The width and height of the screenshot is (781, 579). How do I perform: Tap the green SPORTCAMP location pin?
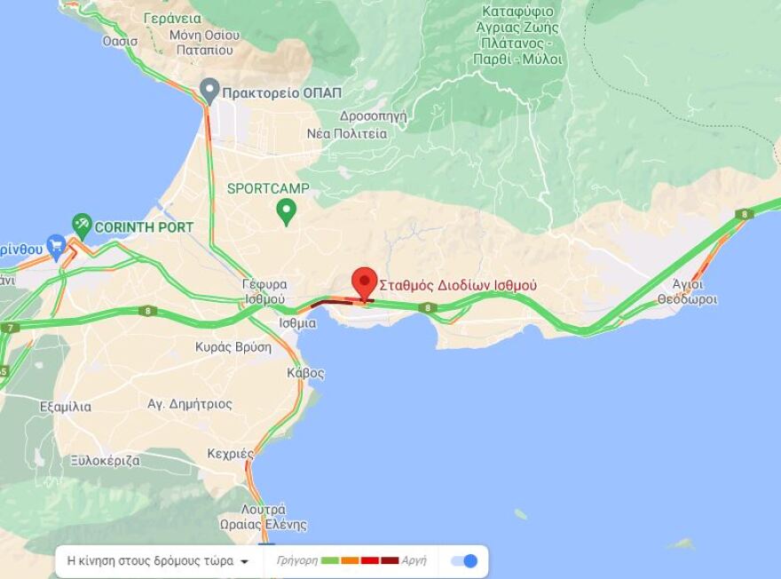tap(286, 210)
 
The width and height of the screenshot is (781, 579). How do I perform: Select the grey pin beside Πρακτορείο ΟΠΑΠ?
tap(209, 90)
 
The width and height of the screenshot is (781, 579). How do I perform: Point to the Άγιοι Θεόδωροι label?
tap(688, 292)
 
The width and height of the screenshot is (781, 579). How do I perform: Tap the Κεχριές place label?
tap(231, 454)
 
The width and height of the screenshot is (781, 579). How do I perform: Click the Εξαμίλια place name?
tap(66, 407)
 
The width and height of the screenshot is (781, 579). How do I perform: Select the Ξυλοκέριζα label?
tap(106, 460)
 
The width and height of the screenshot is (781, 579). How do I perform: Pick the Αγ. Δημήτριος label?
tap(190, 404)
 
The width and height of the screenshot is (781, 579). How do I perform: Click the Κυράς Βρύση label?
tap(233, 347)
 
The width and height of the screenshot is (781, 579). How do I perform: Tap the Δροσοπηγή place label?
tap(373, 115)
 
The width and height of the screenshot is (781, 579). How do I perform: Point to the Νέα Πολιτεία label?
tap(347, 133)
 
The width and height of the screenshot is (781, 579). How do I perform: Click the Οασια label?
tap(120, 41)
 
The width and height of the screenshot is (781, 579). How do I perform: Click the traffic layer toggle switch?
tap(464, 560)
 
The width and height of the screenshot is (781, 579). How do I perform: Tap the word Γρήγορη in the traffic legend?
tap(296, 561)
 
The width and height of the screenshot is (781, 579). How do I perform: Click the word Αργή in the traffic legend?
tap(414, 561)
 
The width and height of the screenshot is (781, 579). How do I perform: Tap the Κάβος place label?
tap(305, 373)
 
